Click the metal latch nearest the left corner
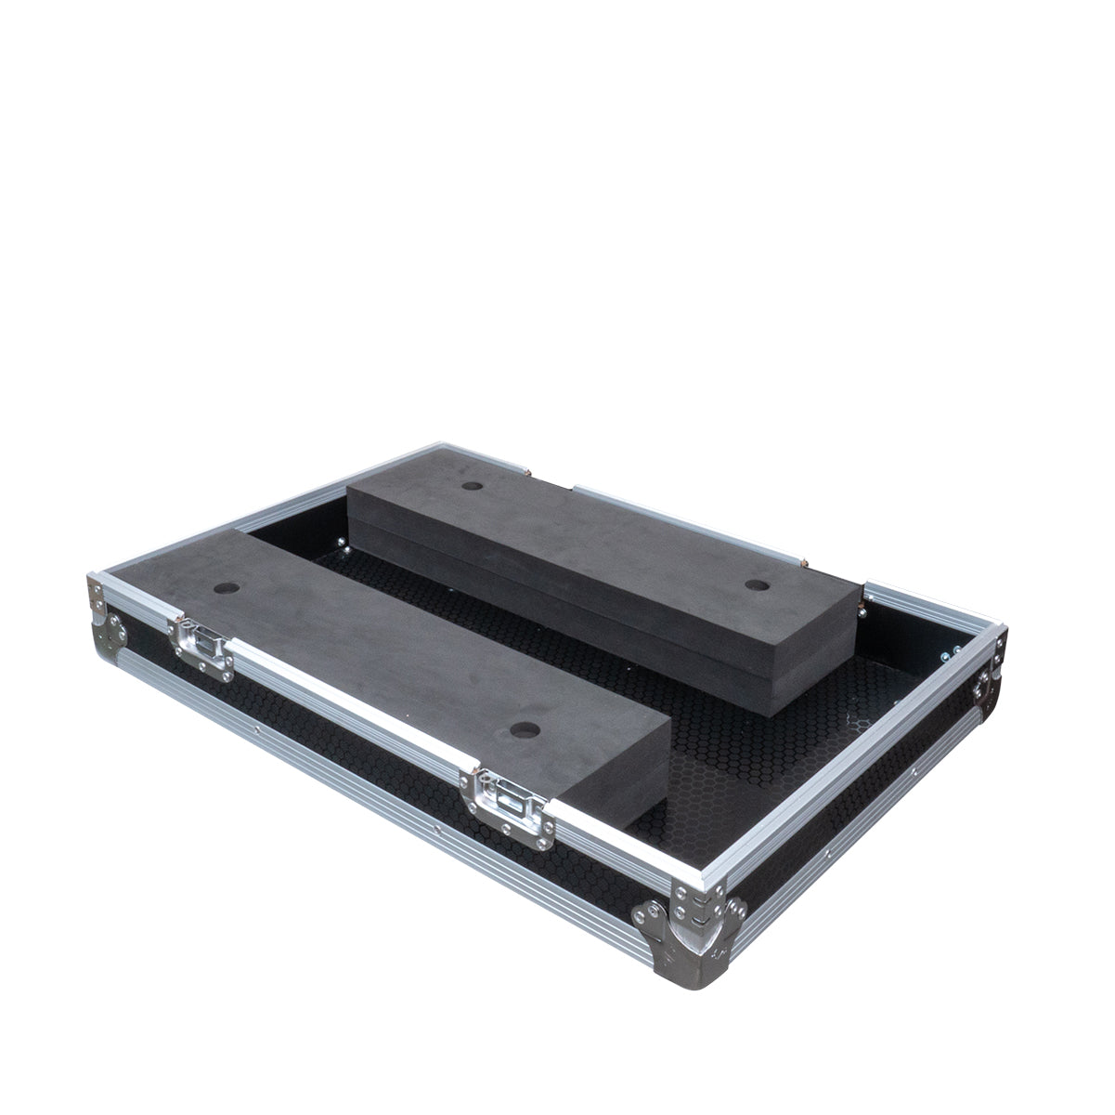pyautogui.click(x=199, y=639)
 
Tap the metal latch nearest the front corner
pyautogui.click(x=501, y=794)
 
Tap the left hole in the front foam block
pyautogui.click(x=226, y=589)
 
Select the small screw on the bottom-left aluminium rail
pyautogui.click(x=436, y=826)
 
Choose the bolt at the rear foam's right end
pyautogui.click(x=865, y=610)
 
